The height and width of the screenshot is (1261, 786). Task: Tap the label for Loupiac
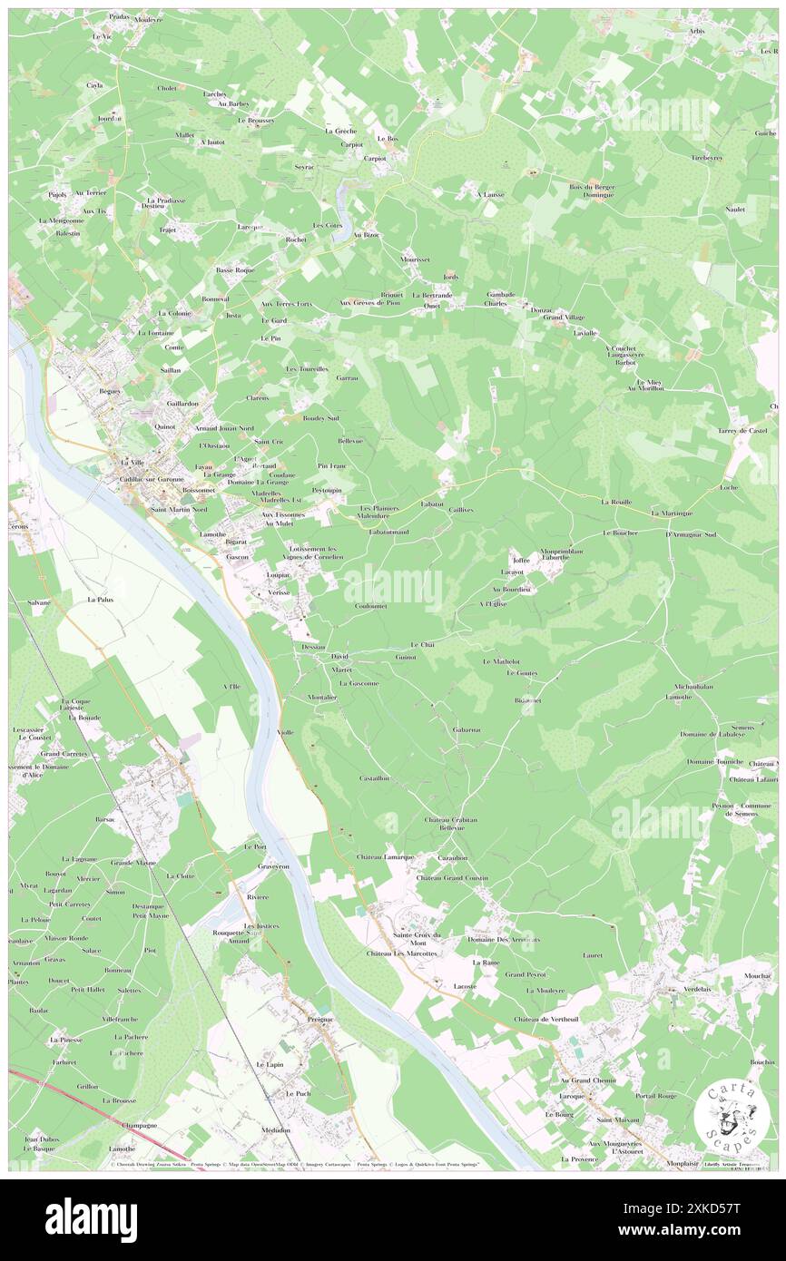pos(278,575)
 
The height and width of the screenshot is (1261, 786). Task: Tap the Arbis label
pos(696,31)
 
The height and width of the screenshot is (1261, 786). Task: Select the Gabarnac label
pos(467,729)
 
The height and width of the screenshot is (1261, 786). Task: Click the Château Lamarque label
pos(385,856)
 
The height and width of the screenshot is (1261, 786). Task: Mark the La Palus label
pos(100,600)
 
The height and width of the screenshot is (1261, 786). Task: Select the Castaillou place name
pos(375,778)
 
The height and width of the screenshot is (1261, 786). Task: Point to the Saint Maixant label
pos(617,1119)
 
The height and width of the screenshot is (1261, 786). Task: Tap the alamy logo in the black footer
pos(91,1219)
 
